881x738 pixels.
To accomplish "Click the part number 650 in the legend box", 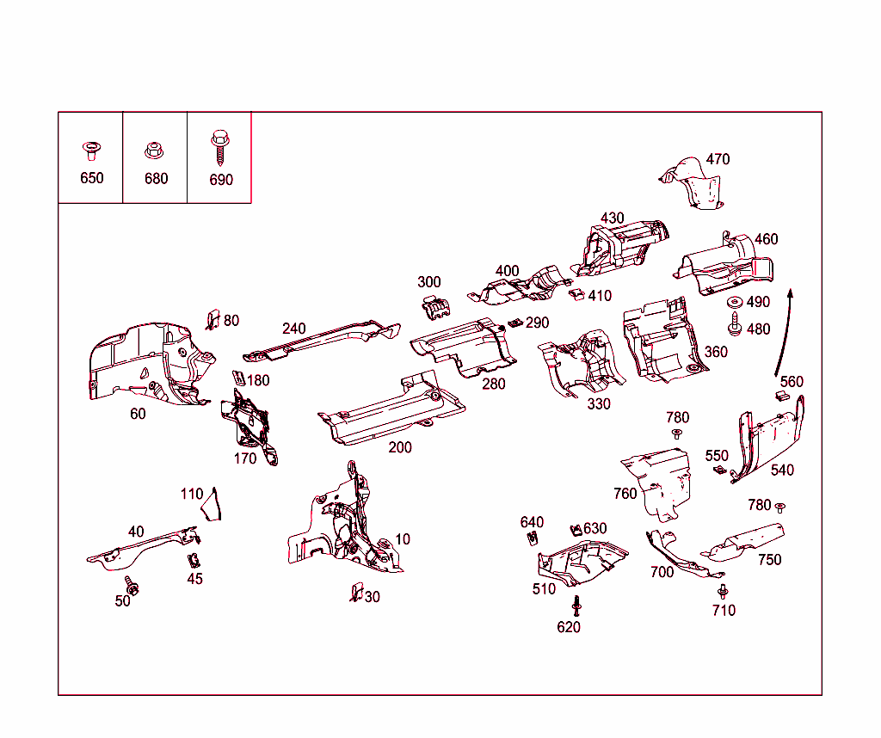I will pos(91,178).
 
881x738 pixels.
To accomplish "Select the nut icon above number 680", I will pos(155,151).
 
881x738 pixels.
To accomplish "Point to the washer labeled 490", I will pos(736,303).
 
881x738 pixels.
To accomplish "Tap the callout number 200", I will pos(400,447).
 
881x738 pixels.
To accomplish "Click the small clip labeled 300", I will pos(437,305).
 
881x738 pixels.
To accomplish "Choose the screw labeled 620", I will pos(576,606).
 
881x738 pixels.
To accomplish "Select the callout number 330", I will pos(599,403).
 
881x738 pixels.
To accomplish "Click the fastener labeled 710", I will pos(722,591).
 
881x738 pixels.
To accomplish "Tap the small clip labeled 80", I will pos(211,319).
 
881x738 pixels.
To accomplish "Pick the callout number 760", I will pos(625,493).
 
